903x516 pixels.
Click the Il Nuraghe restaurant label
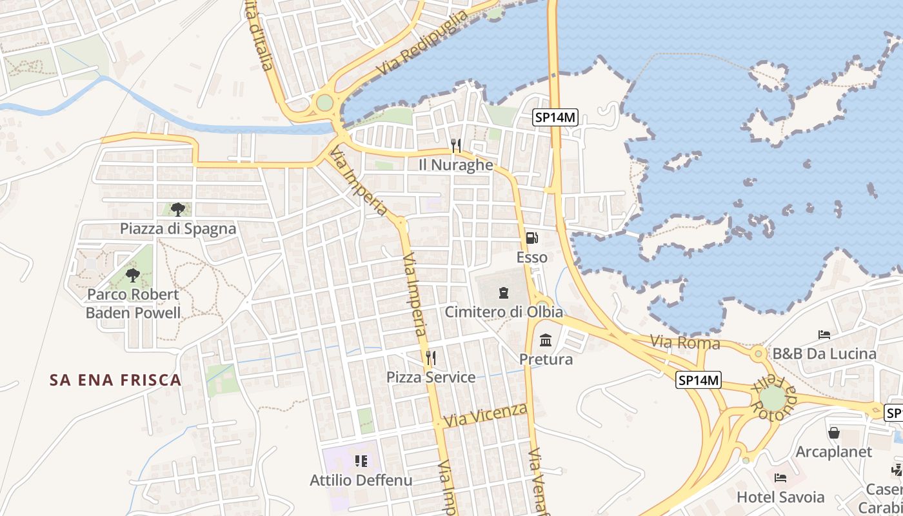click(x=456, y=165)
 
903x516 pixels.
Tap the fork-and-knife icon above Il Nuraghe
click(x=456, y=146)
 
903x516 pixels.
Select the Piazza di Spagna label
click(x=178, y=229)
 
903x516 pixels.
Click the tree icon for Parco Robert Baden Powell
click(x=133, y=275)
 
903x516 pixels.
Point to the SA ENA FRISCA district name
click(x=115, y=380)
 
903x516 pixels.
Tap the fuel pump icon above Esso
click(x=532, y=238)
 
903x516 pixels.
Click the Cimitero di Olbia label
click(x=504, y=312)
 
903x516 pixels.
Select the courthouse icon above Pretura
click(x=546, y=340)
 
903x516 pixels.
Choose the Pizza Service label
click(x=431, y=377)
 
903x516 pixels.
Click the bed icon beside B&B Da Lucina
click(x=824, y=334)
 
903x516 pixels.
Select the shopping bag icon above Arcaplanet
click(x=834, y=432)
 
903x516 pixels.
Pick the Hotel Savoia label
click(x=780, y=497)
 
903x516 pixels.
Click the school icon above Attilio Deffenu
click(x=361, y=461)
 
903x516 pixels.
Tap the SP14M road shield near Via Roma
click(x=699, y=380)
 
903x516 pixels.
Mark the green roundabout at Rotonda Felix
click(x=773, y=398)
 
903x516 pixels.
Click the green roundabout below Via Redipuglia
click(x=324, y=103)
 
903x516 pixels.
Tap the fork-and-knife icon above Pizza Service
click(x=431, y=357)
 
